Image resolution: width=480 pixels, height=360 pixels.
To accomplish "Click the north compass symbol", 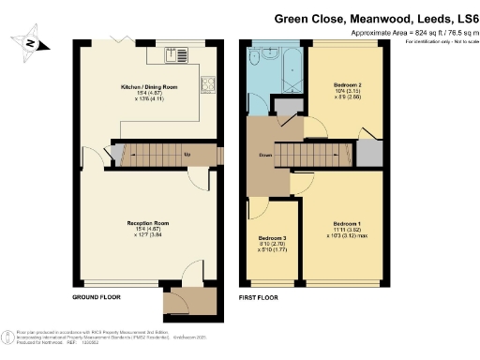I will pyautogui.click(x=30, y=43).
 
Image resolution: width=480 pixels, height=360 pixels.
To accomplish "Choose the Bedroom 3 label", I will pyautogui.click(x=271, y=238).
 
